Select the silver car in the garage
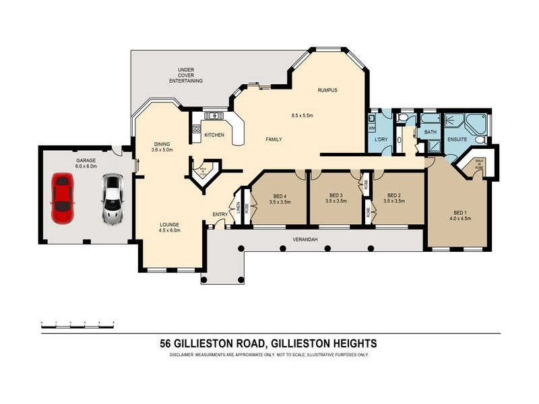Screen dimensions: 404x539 coord(113,199)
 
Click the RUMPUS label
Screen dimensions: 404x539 coord(327,90)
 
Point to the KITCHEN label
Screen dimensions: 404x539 coord(214,135)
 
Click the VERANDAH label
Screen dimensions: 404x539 coord(305,239)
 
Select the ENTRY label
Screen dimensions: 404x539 coord(220,214)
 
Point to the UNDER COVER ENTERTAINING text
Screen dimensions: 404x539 coord(186,75)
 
